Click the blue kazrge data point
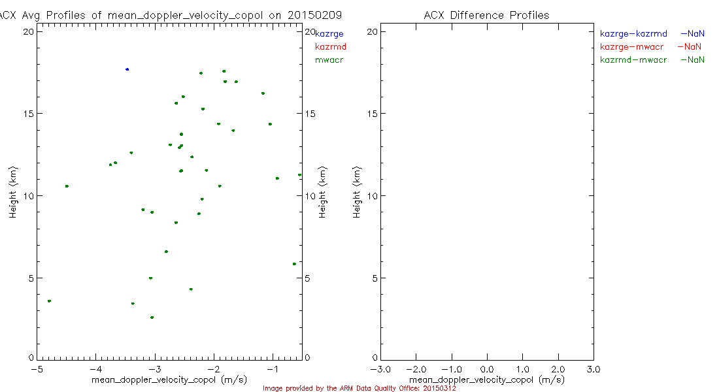[x=127, y=69]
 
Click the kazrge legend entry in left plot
[x=329, y=33]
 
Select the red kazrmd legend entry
[x=331, y=46]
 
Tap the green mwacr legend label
[x=329, y=60]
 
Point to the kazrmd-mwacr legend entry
[x=633, y=60]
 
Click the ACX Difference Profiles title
[x=486, y=15]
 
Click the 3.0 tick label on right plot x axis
[x=593, y=369]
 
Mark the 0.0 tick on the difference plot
[x=487, y=369]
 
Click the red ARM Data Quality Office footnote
[x=359, y=388]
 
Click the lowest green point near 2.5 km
[x=152, y=318]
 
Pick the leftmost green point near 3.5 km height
[x=49, y=301]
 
